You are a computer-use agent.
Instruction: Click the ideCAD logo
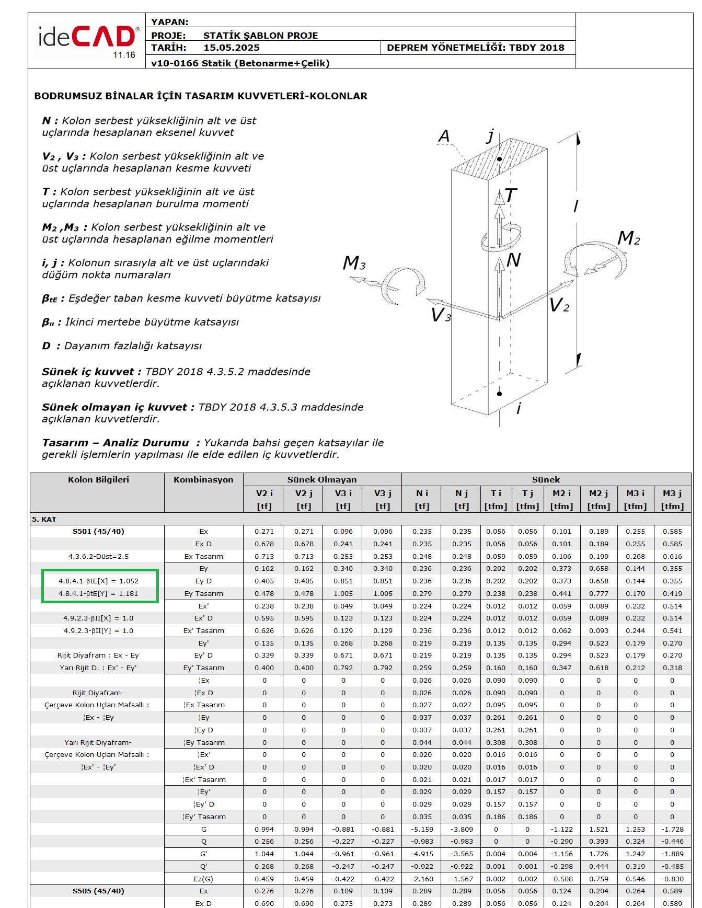pos(87,41)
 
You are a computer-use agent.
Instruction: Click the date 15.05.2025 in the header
pos(231,48)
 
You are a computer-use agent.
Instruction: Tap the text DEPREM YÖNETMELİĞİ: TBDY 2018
pos(475,48)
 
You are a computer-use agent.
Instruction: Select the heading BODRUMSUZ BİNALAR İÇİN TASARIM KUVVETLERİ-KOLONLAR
pos(201,96)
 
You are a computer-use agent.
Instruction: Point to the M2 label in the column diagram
pos(628,238)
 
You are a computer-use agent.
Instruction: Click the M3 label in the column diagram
pos(354,263)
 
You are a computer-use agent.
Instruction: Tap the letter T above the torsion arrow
pos(511,196)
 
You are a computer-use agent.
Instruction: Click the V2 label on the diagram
pos(559,305)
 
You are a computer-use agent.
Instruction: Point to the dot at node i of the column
pos(500,394)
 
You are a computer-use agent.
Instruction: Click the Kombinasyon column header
pos(203,480)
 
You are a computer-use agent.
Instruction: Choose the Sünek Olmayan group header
pos(322,480)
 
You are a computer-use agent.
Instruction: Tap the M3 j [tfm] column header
pos(672,499)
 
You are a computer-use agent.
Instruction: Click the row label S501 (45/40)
pos(98,532)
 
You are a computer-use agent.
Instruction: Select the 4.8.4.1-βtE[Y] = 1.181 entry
pos(98,594)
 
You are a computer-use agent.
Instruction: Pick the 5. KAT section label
pos(44,519)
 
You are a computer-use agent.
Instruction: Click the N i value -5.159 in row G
pos(422,830)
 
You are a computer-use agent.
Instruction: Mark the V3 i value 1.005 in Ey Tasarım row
pos(343,594)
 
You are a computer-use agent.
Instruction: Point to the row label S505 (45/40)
pos(98,891)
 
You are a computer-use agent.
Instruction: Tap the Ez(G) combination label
pos(203,879)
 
